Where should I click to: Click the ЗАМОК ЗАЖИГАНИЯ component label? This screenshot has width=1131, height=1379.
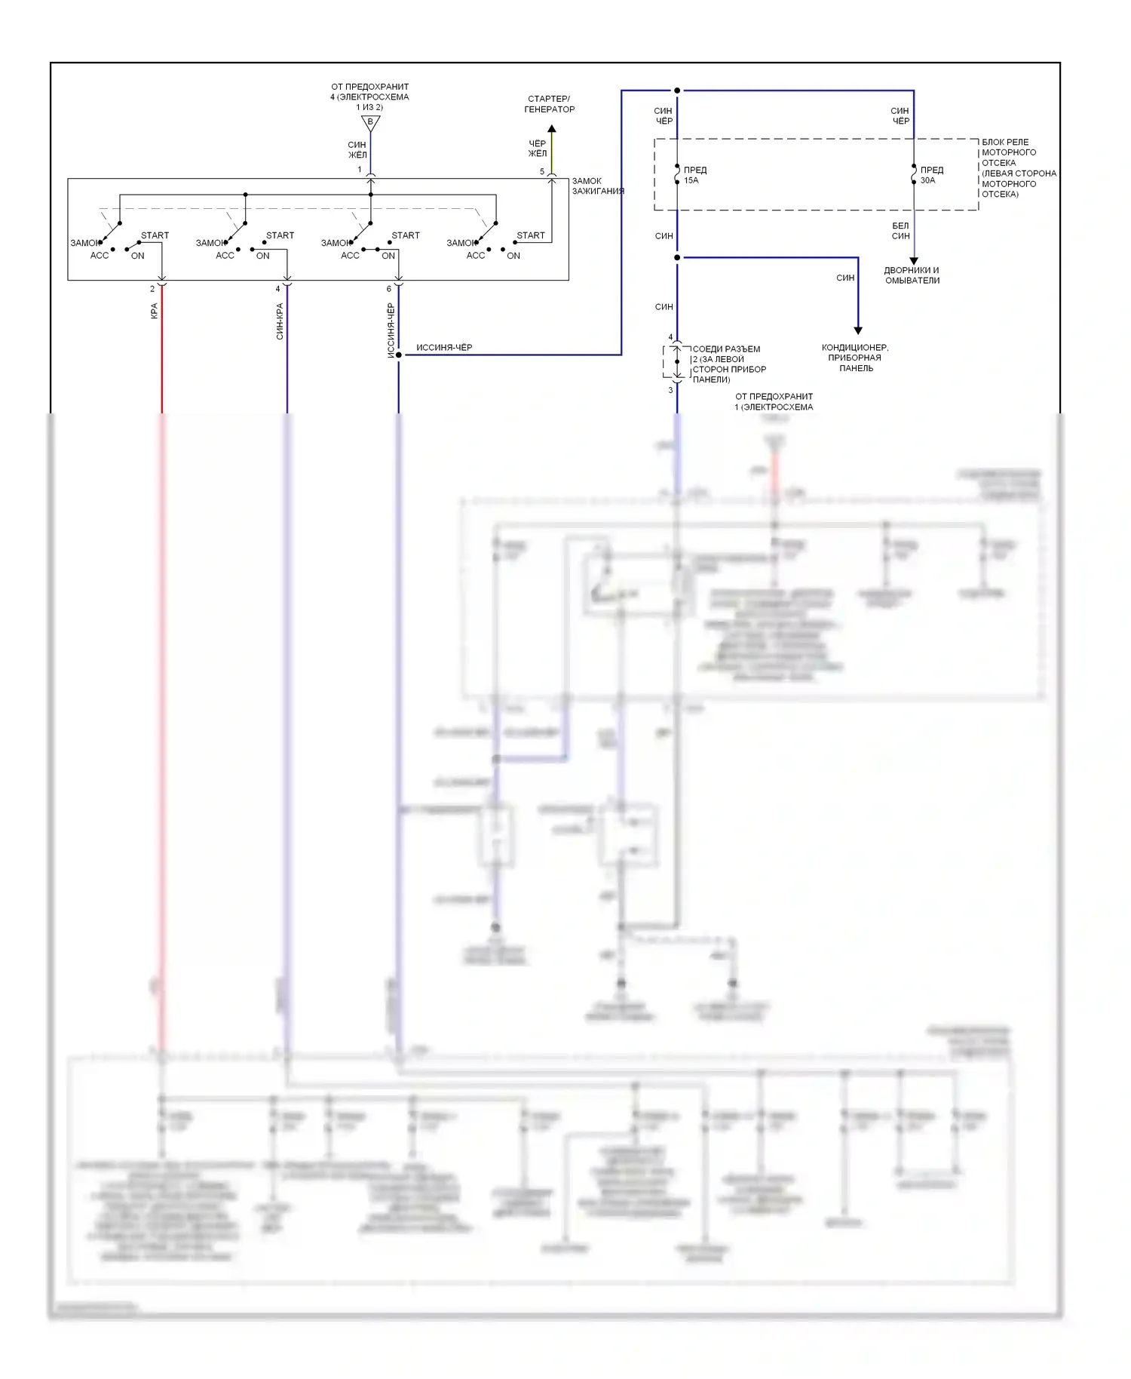click(597, 186)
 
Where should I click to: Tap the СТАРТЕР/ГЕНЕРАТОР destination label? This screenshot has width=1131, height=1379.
click(549, 104)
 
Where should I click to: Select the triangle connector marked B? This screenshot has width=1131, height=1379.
click(370, 122)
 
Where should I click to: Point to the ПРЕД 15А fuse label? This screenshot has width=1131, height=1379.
click(694, 175)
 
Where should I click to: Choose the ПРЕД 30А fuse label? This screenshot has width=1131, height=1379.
click(931, 175)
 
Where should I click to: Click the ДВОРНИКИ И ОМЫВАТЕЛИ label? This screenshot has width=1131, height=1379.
click(912, 275)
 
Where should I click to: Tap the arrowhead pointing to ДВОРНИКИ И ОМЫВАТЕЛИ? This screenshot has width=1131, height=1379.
click(914, 261)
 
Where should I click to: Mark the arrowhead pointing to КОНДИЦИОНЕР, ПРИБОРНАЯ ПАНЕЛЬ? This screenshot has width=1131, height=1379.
click(857, 330)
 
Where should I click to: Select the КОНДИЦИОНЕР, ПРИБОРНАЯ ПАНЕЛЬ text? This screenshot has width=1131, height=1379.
click(855, 358)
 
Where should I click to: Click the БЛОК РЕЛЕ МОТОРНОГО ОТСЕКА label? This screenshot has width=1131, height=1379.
click(1018, 167)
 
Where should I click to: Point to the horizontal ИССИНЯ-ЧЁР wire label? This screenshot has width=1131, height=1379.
click(444, 348)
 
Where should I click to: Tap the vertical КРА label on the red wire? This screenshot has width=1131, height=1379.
click(155, 311)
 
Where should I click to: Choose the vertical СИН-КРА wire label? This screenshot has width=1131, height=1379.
click(280, 321)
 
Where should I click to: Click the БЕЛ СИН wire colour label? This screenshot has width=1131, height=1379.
click(900, 231)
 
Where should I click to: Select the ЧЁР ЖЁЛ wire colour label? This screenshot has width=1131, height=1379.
click(537, 149)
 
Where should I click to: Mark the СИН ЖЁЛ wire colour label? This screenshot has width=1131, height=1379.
click(357, 149)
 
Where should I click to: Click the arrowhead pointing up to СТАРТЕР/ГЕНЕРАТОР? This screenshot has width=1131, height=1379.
click(552, 129)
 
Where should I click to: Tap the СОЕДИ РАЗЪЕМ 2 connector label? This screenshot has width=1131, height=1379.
click(728, 364)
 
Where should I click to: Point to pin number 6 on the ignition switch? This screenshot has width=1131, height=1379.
click(389, 289)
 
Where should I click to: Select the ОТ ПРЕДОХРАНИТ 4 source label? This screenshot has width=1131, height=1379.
click(369, 97)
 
